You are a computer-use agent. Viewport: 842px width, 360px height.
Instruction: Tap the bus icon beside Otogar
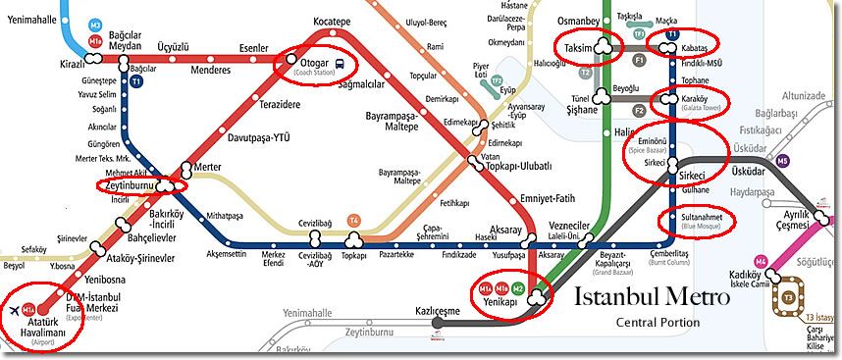(x=339, y=66)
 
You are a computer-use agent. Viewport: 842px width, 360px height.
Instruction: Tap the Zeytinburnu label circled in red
(x=131, y=184)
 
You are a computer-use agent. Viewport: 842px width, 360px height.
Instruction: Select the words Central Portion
(x=658, y=323)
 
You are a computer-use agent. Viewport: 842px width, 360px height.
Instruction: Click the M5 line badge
(x=782, y=161)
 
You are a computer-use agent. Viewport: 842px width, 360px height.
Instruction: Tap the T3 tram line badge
(x=788, y=296)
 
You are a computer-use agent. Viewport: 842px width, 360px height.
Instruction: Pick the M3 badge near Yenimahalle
(x=94, y=23)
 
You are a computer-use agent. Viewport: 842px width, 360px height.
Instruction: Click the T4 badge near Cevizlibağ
(x=353, y=219)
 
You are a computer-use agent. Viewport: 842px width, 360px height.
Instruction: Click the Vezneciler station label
(x=567, y=225)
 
